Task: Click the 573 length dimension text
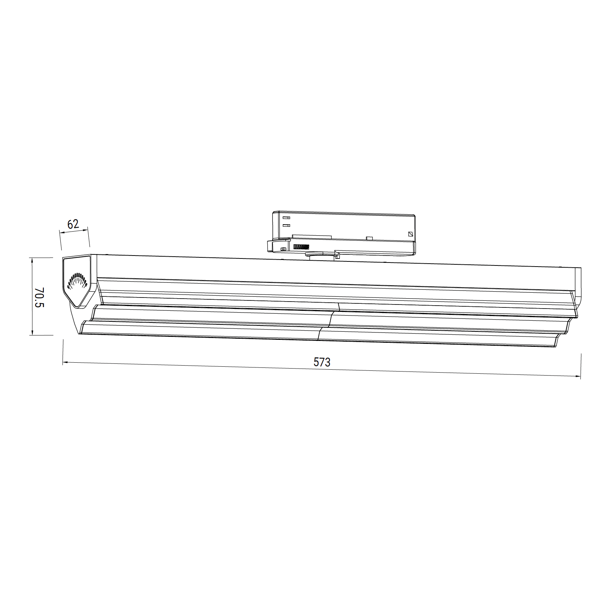tap(322, 362)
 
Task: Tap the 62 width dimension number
tap(73, 224)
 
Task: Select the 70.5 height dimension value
tap(39, 297)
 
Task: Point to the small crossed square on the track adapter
tap(411, 234)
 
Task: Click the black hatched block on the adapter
tap(300, 247)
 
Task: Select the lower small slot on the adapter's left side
tap(286, 225)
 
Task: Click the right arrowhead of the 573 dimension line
tap(578, 376)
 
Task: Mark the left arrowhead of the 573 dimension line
tap(65, 363)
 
